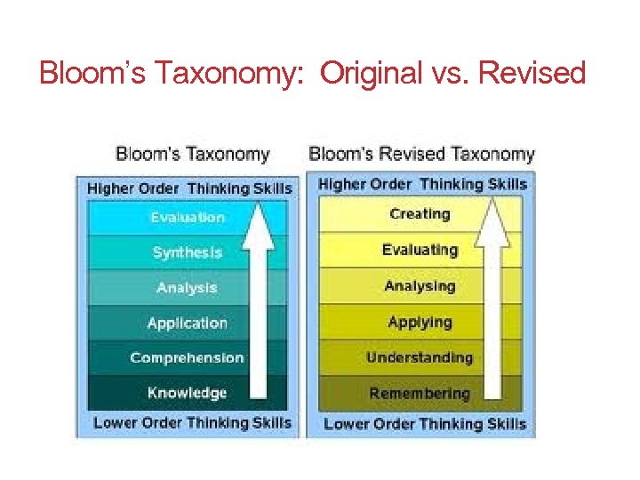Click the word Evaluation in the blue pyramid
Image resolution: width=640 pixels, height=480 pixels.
188,218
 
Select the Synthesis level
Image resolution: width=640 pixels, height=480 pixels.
188,252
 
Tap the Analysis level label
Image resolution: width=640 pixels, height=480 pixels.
187,288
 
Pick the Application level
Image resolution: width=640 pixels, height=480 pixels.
188,323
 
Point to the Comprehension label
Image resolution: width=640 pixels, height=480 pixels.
187,358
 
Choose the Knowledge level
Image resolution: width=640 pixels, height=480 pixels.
188,393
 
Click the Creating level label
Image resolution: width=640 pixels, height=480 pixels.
420,214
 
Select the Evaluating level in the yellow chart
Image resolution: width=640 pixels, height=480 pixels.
420,250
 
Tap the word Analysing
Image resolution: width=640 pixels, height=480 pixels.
420,286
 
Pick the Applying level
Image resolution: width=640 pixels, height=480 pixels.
420,322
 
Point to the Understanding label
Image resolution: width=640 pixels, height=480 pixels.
420,358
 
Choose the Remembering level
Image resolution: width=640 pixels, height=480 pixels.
420,394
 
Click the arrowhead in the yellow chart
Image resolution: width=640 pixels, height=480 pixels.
492,223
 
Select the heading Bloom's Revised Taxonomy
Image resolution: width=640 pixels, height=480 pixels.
421,154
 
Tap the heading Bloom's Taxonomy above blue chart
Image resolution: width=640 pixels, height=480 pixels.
192,154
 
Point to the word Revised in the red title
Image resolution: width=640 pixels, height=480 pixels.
532,73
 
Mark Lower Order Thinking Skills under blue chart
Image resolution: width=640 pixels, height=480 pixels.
192,423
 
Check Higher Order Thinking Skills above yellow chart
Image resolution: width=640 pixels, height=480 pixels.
422,185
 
